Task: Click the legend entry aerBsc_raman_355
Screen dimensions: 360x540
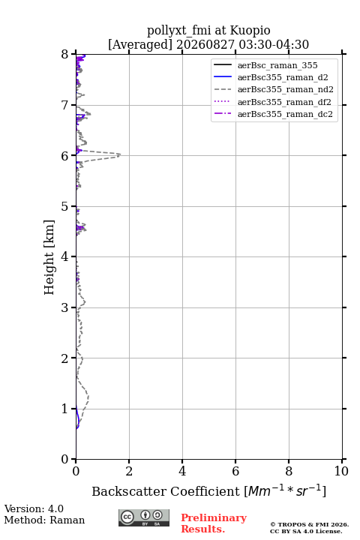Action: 277,65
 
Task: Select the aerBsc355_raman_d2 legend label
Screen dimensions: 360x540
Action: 283,77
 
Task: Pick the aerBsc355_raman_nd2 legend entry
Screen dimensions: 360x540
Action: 285,89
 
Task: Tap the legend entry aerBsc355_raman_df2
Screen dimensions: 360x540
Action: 283,102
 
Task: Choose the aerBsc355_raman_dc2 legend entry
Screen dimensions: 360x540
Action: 285,114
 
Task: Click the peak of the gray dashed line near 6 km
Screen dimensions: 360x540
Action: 121,154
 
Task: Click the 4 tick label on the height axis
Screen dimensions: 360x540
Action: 64,256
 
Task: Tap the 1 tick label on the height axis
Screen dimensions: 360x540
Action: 64,409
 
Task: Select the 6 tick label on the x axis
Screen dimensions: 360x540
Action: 235,471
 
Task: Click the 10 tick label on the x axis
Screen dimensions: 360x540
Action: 341,471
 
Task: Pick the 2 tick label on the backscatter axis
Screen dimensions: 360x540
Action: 129,471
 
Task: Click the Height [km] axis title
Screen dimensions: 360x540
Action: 49,257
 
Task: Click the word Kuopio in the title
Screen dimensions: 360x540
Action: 250,31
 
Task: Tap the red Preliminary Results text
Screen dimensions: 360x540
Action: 214,523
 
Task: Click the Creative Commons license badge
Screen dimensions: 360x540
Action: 144,518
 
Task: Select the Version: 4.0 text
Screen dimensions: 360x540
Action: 34,509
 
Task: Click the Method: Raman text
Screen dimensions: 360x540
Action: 44,520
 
